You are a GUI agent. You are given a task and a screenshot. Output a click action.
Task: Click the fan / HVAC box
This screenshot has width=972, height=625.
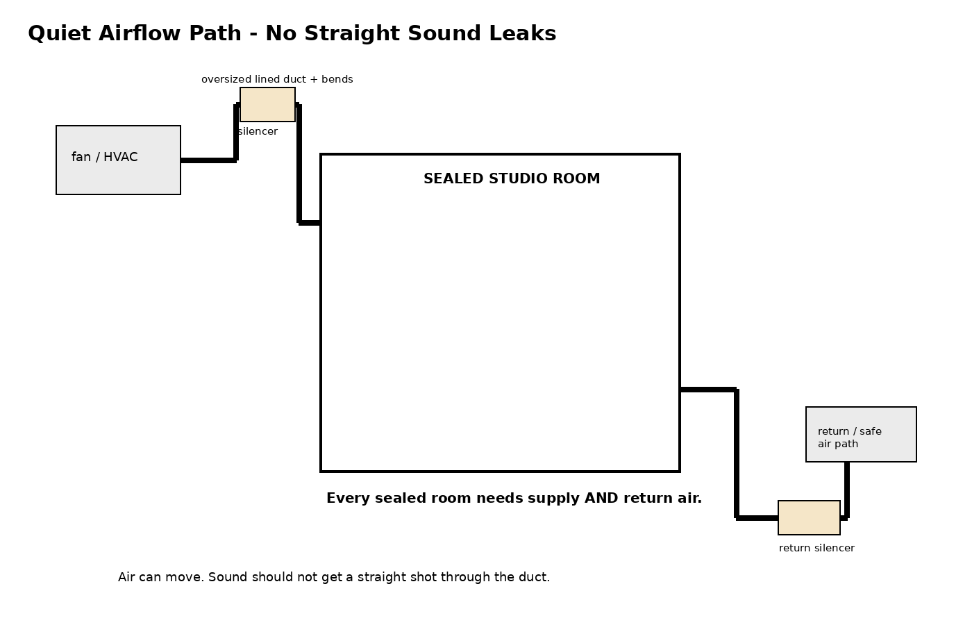118,160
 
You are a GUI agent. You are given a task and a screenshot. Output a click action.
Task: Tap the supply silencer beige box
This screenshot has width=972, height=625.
267,105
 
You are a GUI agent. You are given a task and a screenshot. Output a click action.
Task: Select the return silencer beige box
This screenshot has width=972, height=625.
809,518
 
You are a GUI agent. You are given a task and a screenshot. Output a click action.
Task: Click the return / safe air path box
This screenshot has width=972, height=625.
861,435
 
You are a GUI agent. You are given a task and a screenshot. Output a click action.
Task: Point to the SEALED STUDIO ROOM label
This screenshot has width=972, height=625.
512,179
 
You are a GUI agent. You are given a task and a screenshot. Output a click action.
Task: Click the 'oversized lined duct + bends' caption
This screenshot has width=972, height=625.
277,79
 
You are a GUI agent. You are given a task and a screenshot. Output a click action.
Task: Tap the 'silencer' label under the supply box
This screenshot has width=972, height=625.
258,131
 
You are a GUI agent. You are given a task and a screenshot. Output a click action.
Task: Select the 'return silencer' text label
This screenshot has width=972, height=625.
816,548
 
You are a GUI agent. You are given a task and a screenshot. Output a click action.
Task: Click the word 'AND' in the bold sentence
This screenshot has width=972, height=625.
601,499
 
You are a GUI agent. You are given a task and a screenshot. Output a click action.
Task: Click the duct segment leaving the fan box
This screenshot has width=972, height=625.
208,160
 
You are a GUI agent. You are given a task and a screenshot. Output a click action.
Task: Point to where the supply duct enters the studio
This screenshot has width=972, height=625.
320,223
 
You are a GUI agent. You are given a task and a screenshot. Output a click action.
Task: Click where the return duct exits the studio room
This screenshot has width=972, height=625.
680,390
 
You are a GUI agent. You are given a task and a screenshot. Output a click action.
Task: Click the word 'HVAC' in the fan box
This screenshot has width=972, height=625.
121,157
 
